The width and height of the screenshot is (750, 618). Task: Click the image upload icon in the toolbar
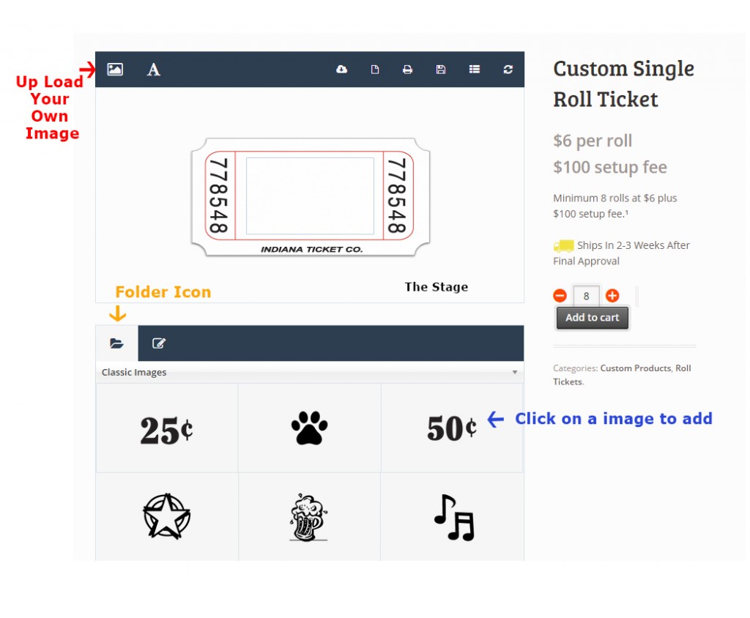pos(115,70)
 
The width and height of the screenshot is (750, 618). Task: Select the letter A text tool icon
pos(153,70)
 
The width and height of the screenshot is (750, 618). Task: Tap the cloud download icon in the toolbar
pos(341,70)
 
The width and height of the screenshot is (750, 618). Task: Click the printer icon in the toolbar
pos(407,70)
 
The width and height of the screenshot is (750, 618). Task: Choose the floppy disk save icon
pos(440,70)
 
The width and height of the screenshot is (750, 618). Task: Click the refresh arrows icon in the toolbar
pos(508,70)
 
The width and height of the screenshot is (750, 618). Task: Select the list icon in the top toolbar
pos(475,70)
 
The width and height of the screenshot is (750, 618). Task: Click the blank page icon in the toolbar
pos(375,70)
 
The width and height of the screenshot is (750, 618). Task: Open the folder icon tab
pos(116,343)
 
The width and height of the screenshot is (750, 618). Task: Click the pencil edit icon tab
pos(159,343)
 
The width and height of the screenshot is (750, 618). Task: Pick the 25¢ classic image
pos(166,430)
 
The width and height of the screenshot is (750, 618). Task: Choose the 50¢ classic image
pos(451,428)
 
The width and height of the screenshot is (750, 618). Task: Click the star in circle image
pos(167,516)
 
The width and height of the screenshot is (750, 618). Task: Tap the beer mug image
pos(308,518)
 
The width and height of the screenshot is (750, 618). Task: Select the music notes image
pos(454,518)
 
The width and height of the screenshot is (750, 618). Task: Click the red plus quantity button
pos(612,296)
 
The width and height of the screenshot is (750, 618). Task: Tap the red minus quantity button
pos(560,296)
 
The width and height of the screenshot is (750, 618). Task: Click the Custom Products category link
pos(636,368)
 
